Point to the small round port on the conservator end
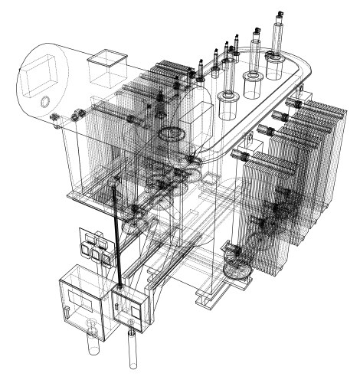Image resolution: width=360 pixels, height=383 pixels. (x=44, y=101)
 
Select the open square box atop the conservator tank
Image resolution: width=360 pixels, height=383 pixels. (x=106, y=67)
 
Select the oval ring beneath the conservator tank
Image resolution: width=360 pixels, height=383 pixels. (x=170, y=135)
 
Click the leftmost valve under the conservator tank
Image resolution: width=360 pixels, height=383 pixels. (x=55, y=116)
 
